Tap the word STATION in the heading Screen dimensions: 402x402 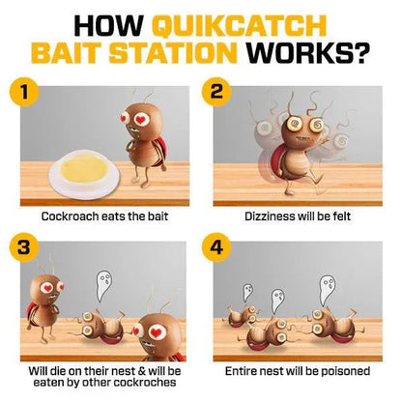click(x=173, y=52)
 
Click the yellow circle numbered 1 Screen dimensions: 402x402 click(x=24, y=92)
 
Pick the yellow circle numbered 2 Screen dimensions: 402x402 click(x=216, y=92)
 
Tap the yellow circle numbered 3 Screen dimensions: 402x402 click(x=24, y=247)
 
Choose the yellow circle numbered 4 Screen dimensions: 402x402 click(x=216, y=247)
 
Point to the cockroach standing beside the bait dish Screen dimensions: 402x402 click(x=144, y=142)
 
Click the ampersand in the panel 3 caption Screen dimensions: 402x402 click(x=142, y=371)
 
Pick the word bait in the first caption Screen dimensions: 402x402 click(x=158, y=215)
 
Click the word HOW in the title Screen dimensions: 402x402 click(x=108, y=25)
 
